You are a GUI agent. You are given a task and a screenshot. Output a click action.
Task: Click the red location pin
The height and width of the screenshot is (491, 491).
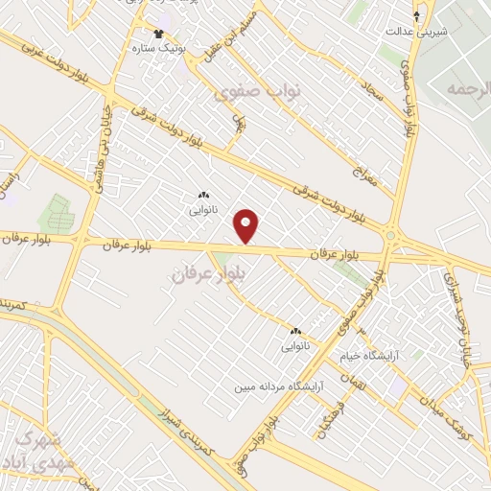[x=246, y=225]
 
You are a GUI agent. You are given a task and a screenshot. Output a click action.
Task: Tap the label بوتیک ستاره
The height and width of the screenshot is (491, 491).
[x=158, y=45]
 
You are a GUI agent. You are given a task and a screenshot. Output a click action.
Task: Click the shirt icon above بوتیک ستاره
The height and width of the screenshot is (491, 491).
[x=158, y=34]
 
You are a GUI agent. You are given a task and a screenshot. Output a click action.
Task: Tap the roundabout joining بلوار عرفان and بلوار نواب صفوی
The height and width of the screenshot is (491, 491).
[x=391, y=234]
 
